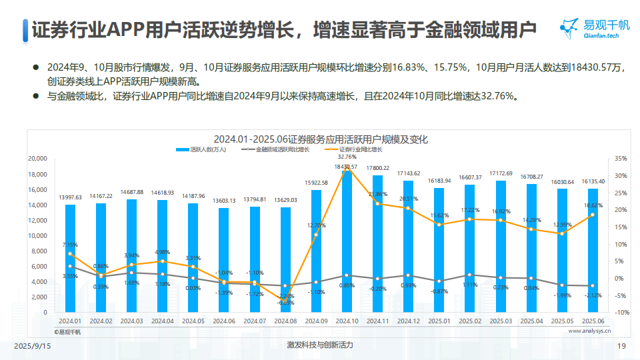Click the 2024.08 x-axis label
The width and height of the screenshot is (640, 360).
[285, 321]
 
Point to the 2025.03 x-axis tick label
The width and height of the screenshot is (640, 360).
[501, 321]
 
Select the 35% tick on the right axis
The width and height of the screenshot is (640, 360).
[621, 159]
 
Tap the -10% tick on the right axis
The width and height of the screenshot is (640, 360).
[621, 313]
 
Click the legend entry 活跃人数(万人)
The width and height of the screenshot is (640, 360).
[203, 150]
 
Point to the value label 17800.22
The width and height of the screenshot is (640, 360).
[377, 168]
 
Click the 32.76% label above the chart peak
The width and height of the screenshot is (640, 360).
[347, 157]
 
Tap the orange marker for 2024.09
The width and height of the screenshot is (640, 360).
[316, 235]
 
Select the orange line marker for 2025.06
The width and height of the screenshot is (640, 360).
[593, 215]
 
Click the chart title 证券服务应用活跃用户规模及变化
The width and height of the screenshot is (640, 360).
[321, 139]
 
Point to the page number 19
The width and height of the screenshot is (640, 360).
[621, 346]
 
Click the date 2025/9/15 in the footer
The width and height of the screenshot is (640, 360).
[33, 346]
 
